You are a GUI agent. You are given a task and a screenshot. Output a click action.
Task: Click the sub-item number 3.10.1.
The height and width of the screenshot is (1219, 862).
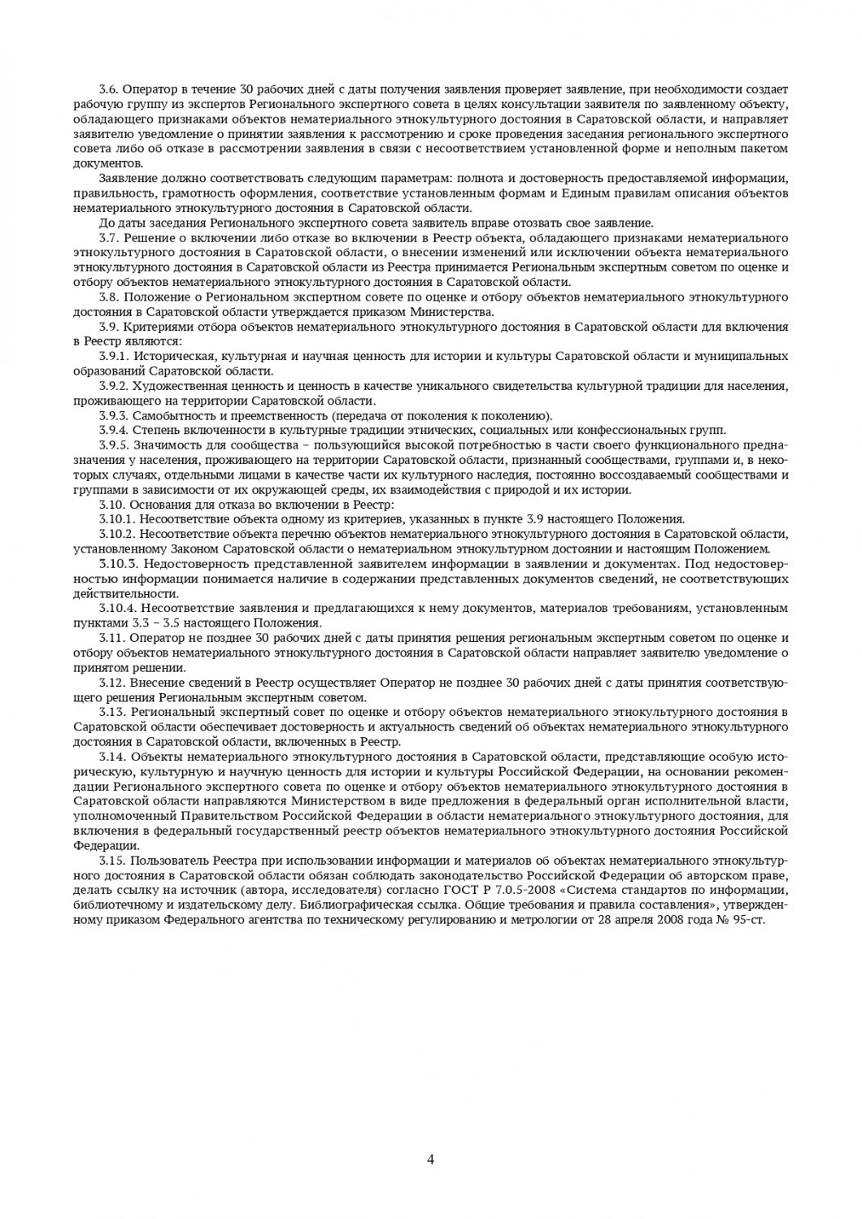pyautogui.click(x=116, y=518)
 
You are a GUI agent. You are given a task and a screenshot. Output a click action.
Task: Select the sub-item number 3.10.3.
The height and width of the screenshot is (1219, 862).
pyautogui.click(x=116, y=563)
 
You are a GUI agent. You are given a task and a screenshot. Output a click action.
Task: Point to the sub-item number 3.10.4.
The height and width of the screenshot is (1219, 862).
pyautogui.click(x=116, y=608)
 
